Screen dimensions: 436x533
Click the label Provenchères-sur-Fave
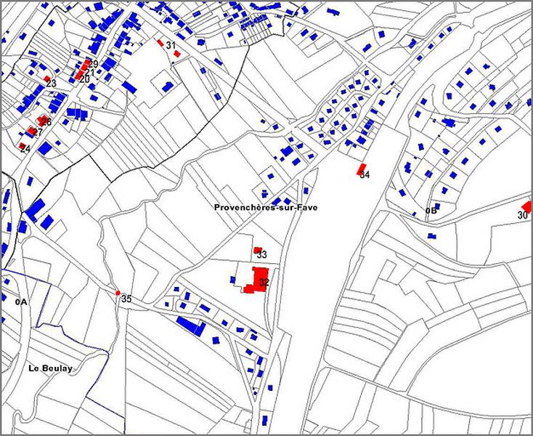[266, 207]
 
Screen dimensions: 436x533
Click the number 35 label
[126, 299]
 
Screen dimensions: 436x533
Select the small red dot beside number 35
[118, 293]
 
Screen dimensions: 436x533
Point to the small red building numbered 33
[257, 250]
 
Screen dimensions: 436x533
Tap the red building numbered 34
[361, 169]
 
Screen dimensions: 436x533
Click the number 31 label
[171, 46]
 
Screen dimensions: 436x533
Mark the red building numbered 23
[46, 78]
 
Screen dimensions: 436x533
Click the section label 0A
[20, 301]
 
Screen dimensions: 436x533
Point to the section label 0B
[431, 211]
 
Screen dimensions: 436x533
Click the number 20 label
[85, 78]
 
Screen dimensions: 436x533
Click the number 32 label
[264, 283]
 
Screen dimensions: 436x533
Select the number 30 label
[522, 216]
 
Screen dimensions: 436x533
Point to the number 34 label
[365, 176]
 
